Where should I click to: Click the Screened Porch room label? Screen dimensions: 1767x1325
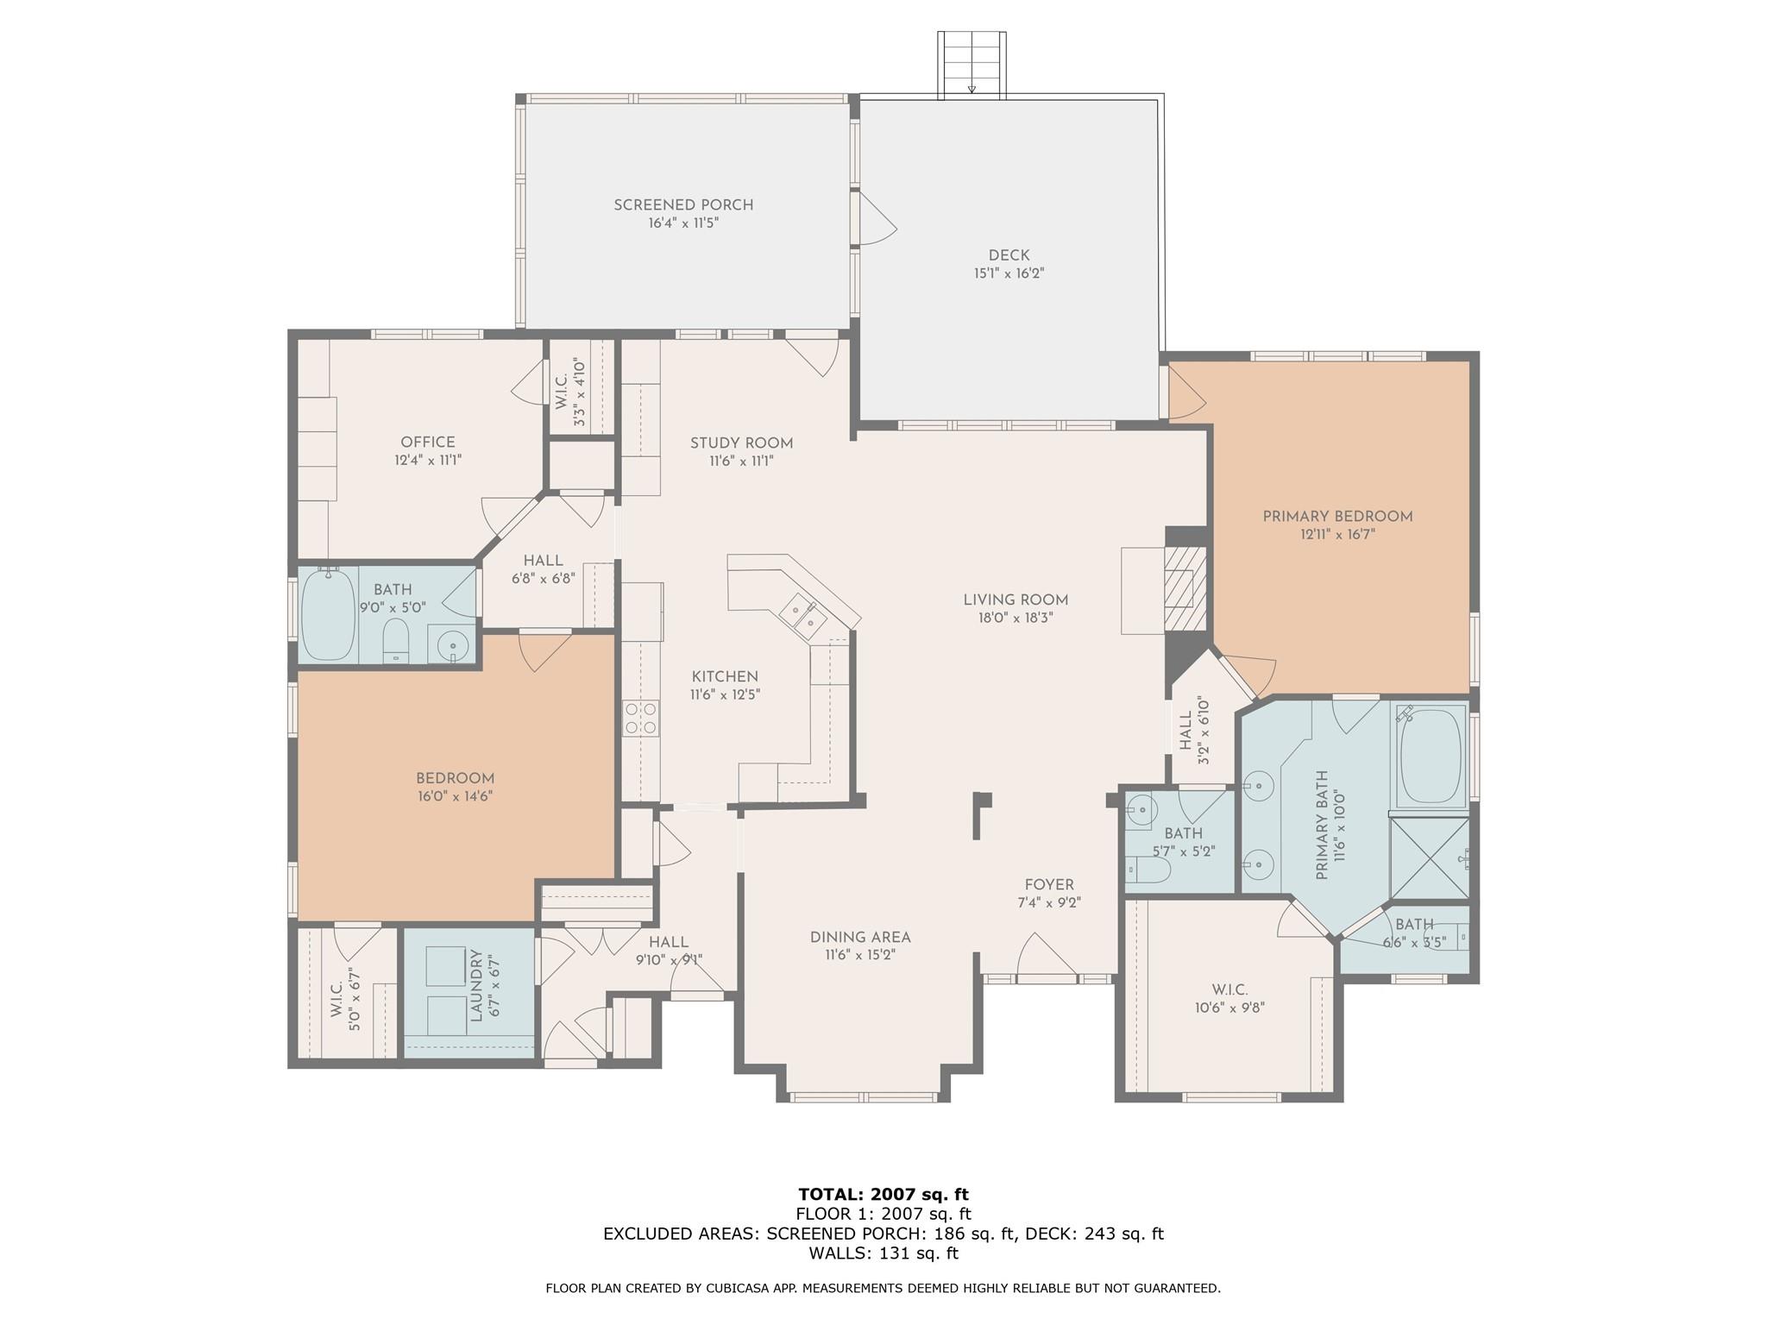pos(683,204)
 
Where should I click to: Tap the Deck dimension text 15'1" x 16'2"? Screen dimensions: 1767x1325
pos(1009,273)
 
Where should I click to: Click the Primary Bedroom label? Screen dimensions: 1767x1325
pos(1337,516)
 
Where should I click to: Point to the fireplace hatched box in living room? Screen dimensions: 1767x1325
pos(1179,590)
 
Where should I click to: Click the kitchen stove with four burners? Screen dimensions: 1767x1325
pos(641,718)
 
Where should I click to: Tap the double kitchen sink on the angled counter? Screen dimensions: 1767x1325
pos(802,616)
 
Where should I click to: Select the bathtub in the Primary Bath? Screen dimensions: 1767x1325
pos(1431,756)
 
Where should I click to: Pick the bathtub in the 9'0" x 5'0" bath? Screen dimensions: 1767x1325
pos(328,613)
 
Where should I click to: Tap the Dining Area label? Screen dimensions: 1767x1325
pos(860,938)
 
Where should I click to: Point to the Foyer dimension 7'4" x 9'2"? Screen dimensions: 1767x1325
pos(1049,903)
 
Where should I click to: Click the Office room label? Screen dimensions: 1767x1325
pos(428,443)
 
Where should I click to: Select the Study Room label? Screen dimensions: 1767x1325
pos(741,443)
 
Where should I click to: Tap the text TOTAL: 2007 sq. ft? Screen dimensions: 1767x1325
pos(883,1195)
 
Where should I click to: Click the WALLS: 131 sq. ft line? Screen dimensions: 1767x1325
pos(883,1253)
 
